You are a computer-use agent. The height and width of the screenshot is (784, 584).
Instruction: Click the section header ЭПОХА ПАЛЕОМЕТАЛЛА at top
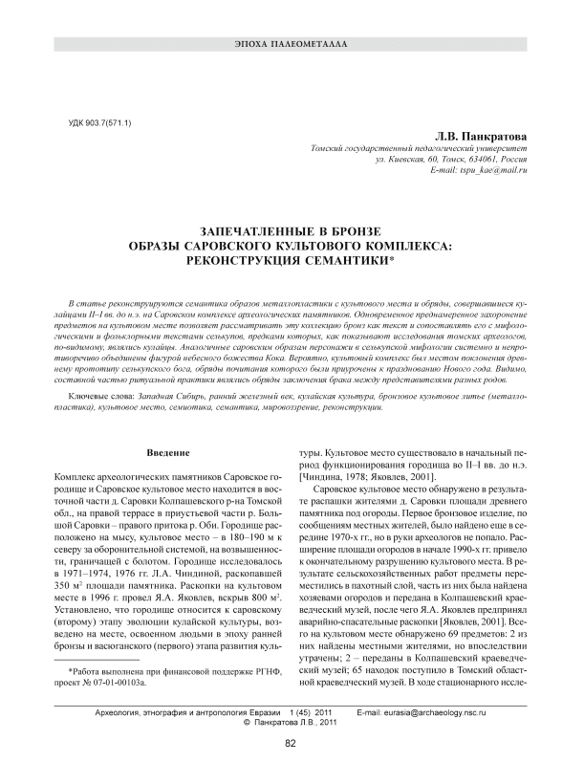pyautogui.click(x=291, y=46)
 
